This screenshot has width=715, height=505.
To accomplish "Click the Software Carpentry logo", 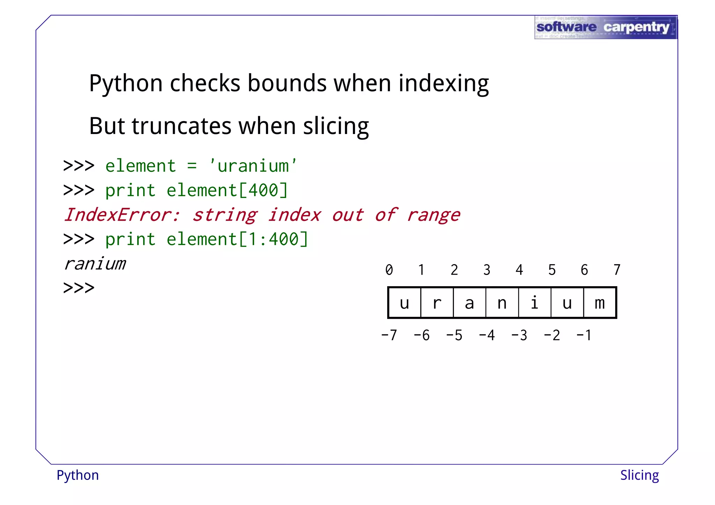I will (606, 27).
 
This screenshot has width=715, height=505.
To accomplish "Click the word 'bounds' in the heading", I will (287, 83).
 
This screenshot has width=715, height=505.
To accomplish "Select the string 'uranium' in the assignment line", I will (253, 166).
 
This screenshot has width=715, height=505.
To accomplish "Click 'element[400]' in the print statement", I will (227, 191).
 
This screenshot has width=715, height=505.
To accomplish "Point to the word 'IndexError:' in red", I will (122, 215).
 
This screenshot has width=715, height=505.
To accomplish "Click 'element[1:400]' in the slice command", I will (237, 239).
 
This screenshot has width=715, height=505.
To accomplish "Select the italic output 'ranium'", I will (95, 264).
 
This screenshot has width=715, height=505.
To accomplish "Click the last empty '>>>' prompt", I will (79, 288).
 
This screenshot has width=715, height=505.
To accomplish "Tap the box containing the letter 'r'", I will (437, 303).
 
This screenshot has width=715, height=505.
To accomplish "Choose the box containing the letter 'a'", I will (469, 303).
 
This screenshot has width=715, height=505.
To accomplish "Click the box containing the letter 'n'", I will (502, 303).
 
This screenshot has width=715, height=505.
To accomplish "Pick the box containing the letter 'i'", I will (535, 303).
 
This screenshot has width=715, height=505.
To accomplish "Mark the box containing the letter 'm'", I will (600, 303).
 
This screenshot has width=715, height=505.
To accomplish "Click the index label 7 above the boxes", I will (617, 270).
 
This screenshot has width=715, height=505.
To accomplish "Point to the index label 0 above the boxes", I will (389, 270).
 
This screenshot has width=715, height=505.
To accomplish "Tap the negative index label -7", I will (389, 335).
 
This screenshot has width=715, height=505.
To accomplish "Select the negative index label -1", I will (584, 335).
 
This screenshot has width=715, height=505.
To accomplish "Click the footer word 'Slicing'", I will (639, 475).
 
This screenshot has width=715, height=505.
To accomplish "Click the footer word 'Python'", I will (78, 475).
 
